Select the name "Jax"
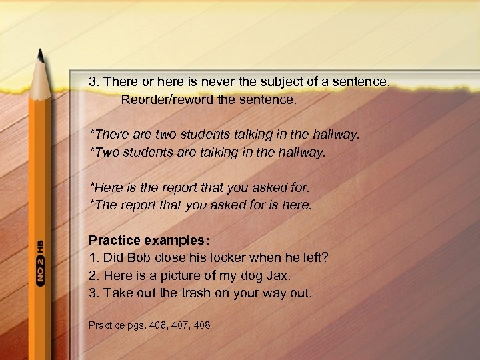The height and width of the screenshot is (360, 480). click(x=279, y=275)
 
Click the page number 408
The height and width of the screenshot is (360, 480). click(x=201, y=325)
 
